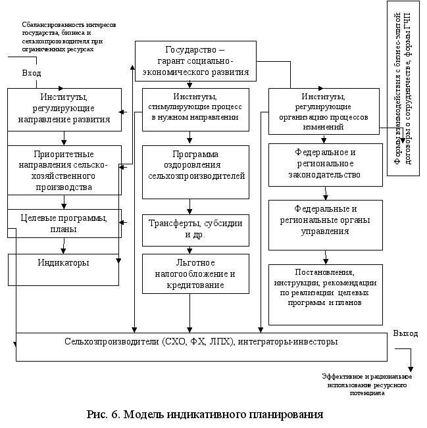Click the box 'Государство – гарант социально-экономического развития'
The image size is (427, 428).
195,61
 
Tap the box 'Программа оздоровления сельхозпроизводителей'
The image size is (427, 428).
196,170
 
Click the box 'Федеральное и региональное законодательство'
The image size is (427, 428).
326,164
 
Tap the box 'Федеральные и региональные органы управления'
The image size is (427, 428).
326,224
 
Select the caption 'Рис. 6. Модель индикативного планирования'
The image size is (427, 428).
205,415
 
